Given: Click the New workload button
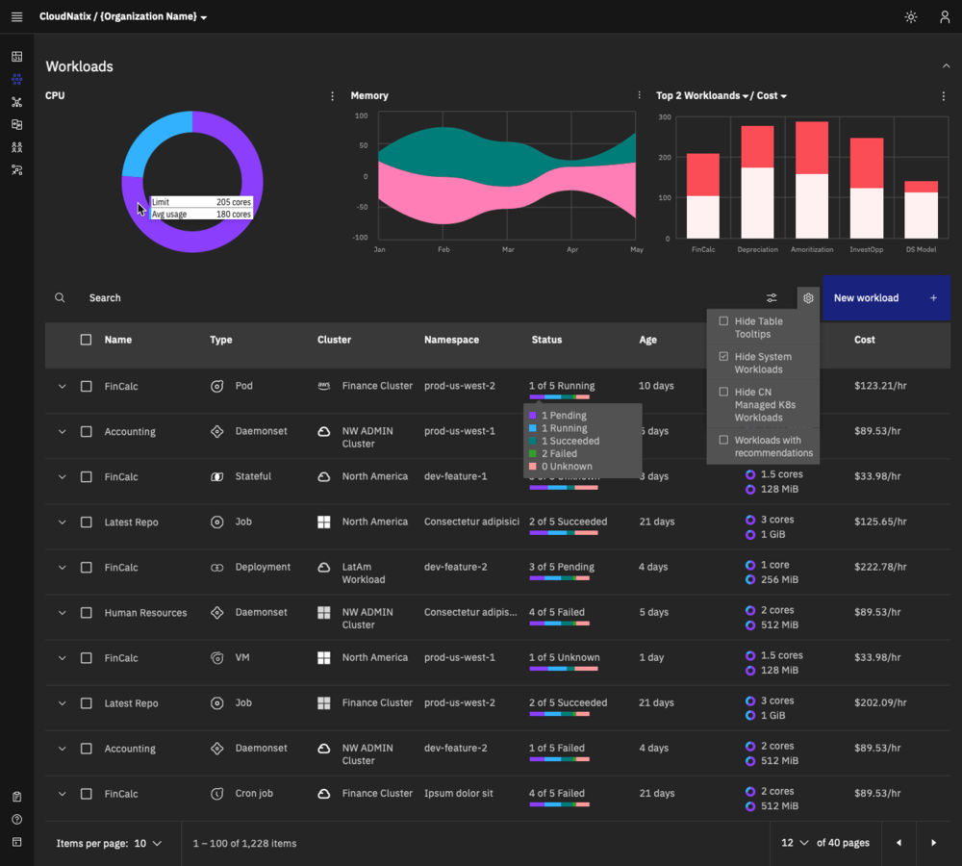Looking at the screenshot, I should [x=885, y=298].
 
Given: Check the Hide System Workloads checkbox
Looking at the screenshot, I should [x=724, y=356].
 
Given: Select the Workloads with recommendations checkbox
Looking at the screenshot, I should [x=724, y=440].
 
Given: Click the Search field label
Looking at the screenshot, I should [x=105, y=298].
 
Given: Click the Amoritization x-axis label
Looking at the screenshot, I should [x=811, y=249].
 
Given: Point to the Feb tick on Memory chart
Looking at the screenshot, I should [x=443, y=249].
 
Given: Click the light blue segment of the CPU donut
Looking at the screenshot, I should [x=155, y=140].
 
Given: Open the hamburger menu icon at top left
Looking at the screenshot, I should [x=16, y=17].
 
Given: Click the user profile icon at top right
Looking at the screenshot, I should [x=945, y=17].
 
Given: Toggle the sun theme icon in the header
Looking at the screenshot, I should [x=911, y=17].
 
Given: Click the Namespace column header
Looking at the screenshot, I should [x=451, y=340].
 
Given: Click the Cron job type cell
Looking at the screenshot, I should [x=254, y=794].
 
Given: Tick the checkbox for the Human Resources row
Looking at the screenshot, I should [x=86, y=613].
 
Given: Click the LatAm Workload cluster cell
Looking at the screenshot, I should [x=363, y=573].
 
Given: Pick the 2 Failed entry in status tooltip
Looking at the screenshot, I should [x=559, y=453].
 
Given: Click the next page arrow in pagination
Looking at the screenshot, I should [x=933, y=843].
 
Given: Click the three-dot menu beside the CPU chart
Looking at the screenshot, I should [x=333, y=96].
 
